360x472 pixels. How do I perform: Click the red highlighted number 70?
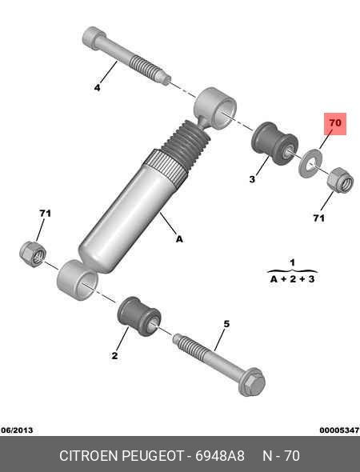[x=335, y=123]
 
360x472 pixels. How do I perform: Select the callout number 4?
[x=97, y=88]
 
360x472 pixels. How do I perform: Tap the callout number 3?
[x=252, y=179]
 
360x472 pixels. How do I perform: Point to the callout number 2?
[x=114, y=355]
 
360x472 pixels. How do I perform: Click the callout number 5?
[x=226, y=324]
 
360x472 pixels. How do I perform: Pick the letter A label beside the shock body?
[x=179, y=239]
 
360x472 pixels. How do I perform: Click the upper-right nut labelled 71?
[x=340, y=180]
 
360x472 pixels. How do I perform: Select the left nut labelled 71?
[x=33, y=254]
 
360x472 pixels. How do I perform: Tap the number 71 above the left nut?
[x=45, y=214]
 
